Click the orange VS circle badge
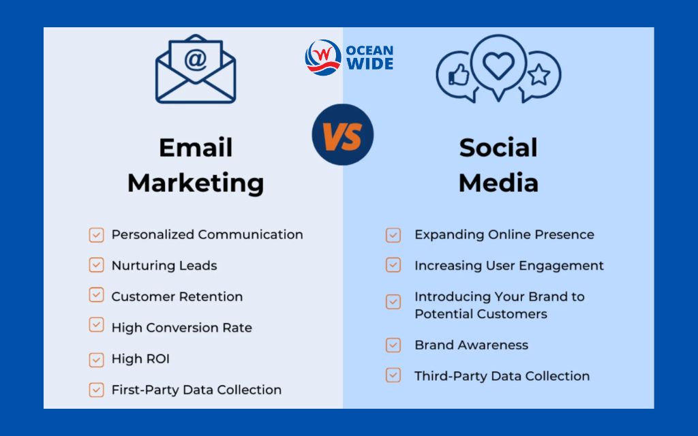click(343, 134)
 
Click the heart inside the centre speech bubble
click(498, 65)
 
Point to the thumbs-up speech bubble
click(456, 74)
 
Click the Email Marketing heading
click(196, 165)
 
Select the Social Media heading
click(498, 165)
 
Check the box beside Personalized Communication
click(96, 235)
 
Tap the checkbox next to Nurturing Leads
click(96, 265)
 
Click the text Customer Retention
click(177, 296)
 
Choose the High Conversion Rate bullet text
click(182, 328)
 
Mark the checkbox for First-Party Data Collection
click(96, 390)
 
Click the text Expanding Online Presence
click(504, 234)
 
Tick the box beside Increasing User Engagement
click(393, 265)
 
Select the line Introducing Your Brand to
click(500, 296)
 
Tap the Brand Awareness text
click(472, 345)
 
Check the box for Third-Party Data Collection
click(393, 375)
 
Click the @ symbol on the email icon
click(196, 60)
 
